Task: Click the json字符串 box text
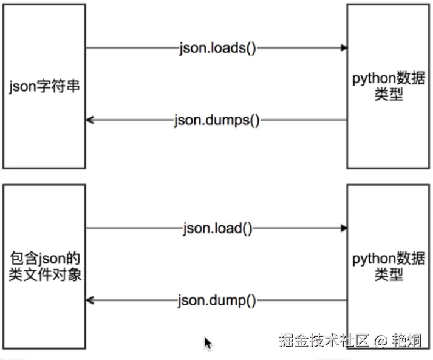[x=44, y=87]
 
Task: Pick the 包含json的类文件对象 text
[x=44, y=266]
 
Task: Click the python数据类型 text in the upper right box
[x=389, y=87]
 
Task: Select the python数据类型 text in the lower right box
[x=389, y=266]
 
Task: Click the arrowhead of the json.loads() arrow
[x=344, y=48]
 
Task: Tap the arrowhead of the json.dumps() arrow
[x=89, y=120]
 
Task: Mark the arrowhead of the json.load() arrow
[x=344, y=228]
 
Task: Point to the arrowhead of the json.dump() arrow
[x=89, y=300]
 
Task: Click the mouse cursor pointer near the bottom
[x=208, y=344]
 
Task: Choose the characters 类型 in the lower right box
[x=389, y=274]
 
